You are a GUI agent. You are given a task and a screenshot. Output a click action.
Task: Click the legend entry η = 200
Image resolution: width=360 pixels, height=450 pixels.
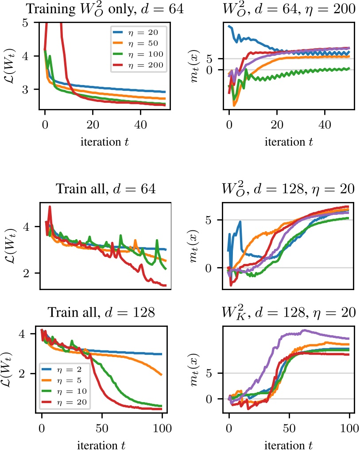144,65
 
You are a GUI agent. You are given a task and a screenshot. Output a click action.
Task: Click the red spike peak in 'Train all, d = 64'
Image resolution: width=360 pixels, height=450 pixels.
50,207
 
